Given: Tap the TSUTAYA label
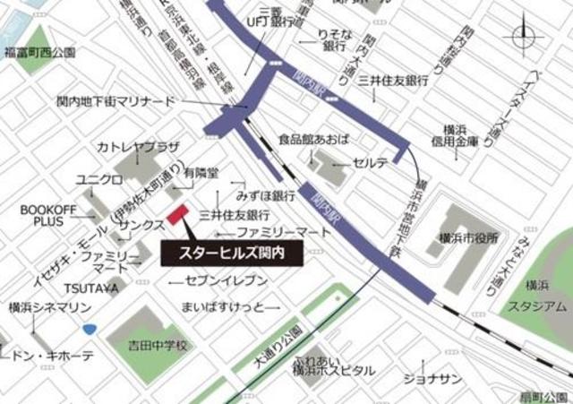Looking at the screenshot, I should (x=90, y=288).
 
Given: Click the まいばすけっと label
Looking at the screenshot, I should (x=223, y=307).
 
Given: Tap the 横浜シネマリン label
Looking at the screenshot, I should (x=50, y=307).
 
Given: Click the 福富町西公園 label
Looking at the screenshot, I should (x=39, y=53).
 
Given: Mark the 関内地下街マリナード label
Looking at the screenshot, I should (x=116, y=102).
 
